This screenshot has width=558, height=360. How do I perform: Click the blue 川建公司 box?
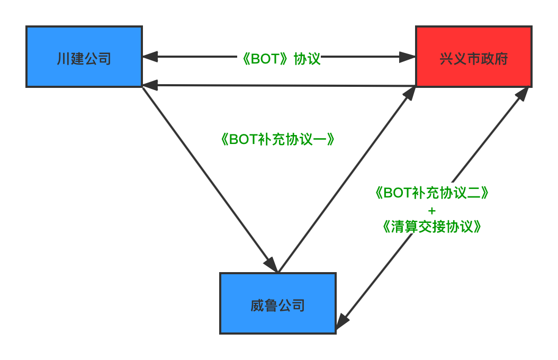84,57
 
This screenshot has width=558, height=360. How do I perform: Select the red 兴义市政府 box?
473,57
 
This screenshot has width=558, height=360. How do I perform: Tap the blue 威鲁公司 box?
278,303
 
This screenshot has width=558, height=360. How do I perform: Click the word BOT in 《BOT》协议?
265,58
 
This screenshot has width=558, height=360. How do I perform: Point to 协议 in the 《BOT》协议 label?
308,58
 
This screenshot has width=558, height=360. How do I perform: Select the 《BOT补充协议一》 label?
277,139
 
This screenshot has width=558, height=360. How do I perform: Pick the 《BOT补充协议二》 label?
431,193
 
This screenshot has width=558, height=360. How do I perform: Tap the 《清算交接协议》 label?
431,227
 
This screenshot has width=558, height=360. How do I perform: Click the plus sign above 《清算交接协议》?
431,210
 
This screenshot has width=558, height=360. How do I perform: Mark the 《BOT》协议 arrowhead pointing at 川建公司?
149,56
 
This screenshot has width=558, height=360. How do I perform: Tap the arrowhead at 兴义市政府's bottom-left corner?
409,94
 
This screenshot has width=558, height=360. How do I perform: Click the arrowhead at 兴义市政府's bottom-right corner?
523,93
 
